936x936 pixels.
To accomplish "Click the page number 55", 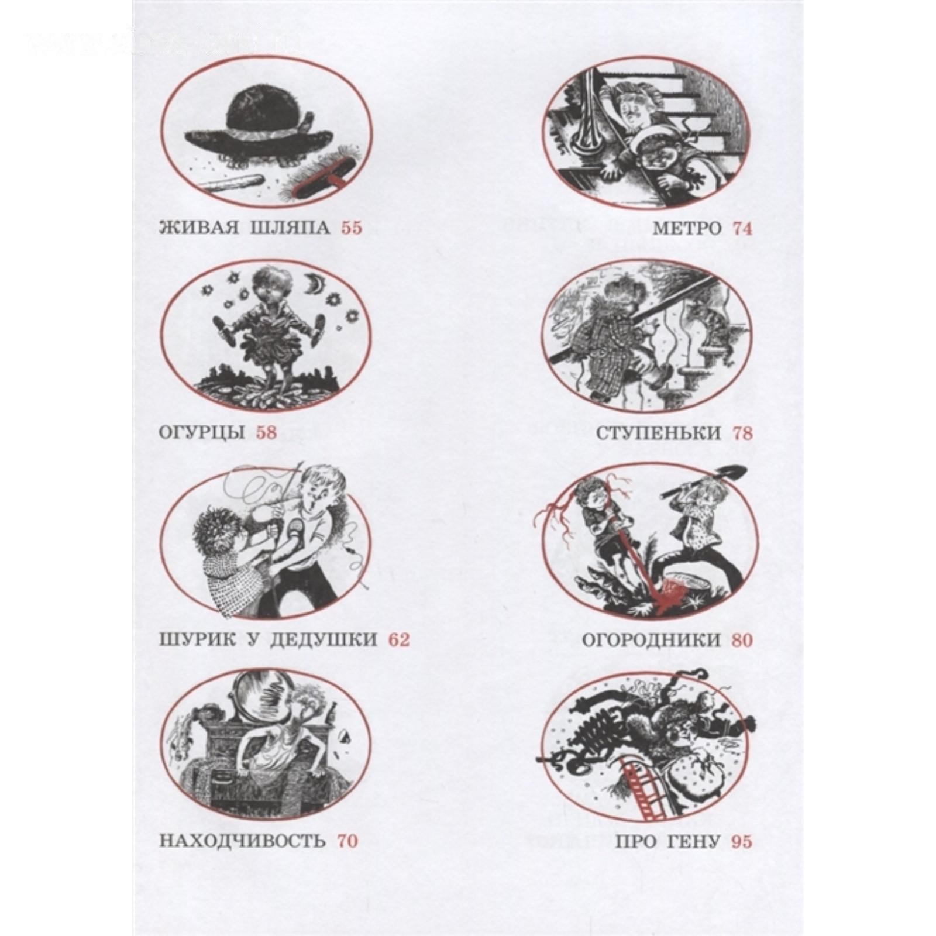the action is [x=352, y=228].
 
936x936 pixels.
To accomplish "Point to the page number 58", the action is [x=266, y=433].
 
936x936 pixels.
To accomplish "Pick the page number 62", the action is [x=400, y=639].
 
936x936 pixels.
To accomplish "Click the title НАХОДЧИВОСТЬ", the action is [x=242, y=841].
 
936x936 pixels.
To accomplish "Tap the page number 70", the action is [x=346, y=841].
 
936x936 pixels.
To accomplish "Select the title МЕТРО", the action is [x=687, y=228].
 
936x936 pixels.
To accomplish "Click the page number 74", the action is [x=742, y=228].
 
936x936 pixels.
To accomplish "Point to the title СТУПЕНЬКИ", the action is [x=659, y=433].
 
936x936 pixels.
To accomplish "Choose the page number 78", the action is [x=742, y=433].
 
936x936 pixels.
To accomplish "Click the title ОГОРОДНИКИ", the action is [x=651, y=639].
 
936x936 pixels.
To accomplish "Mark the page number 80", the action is [x=742, y=639].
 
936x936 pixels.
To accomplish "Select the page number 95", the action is [x=742, y=842].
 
